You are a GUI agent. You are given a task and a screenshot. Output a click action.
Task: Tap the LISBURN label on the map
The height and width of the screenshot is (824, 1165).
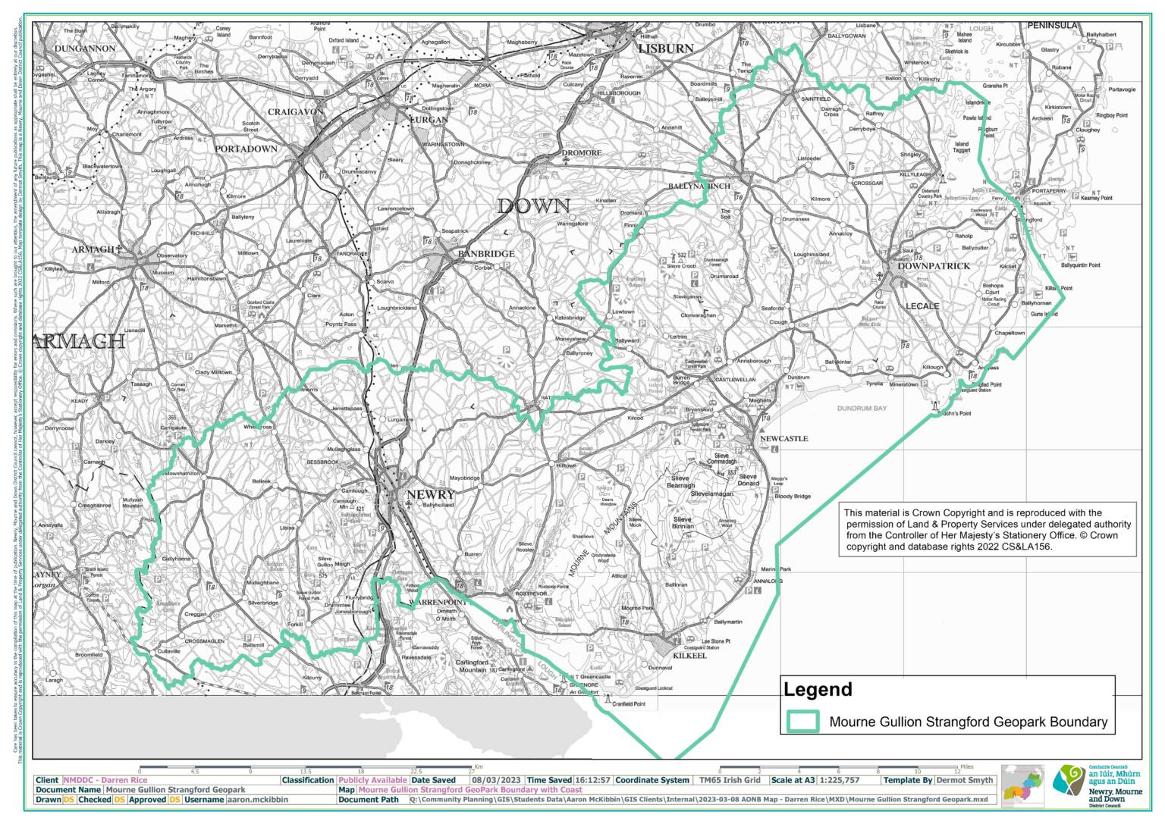coord(666,48)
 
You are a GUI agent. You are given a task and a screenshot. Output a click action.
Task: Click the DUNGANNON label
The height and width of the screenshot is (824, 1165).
coord(85,49)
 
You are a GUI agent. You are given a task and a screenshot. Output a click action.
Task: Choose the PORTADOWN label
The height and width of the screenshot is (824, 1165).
coord(246,149)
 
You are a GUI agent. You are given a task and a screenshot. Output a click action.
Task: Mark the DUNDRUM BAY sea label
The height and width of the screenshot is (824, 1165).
coord(862,409)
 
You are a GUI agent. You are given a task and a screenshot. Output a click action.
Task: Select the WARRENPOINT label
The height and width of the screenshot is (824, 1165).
coord(425,601)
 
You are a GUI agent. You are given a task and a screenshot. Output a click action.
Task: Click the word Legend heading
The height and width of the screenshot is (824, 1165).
coord(818,690)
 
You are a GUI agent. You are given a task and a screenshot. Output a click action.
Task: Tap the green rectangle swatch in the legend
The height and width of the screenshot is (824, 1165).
coord(803,721)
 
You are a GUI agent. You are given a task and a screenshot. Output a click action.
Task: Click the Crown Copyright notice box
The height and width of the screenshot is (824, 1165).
coord(988,529)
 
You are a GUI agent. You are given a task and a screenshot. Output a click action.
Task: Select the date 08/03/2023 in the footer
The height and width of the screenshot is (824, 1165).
coord(496,780)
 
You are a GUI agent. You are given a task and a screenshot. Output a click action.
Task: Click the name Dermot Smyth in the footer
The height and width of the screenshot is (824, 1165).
coord(964,780)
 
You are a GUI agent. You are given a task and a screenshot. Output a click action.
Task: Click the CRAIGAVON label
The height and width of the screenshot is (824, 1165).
coord(296,112)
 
